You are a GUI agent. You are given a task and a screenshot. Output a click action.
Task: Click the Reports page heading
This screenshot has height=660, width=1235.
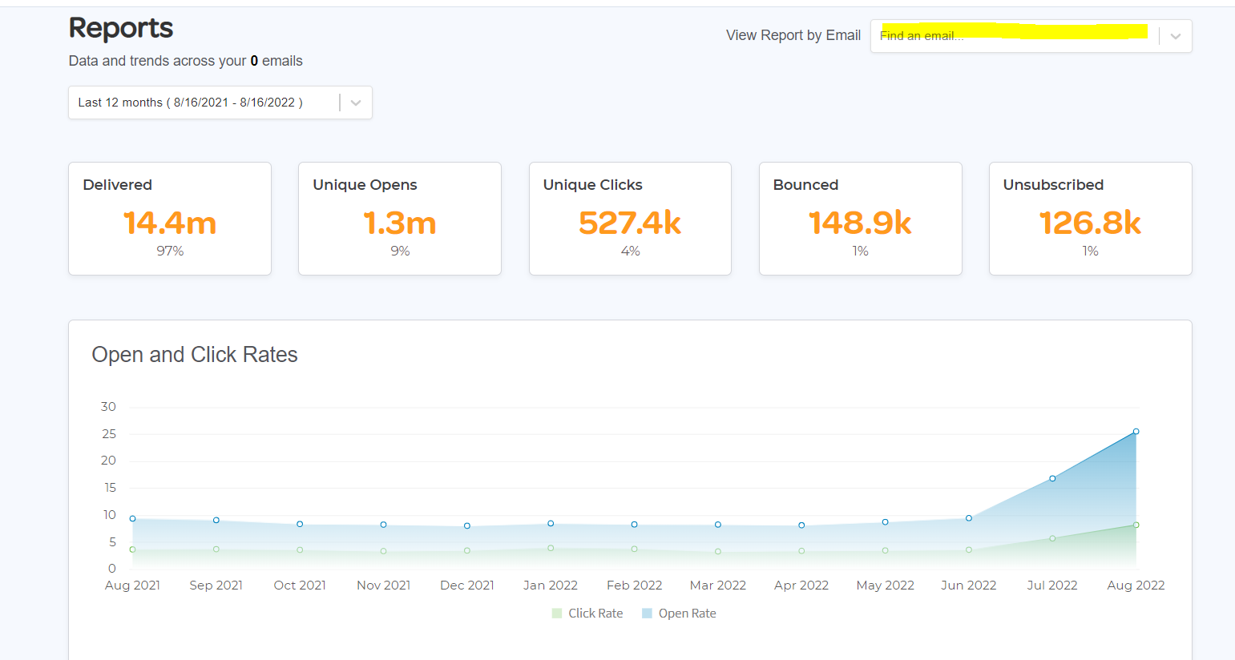point(121,28)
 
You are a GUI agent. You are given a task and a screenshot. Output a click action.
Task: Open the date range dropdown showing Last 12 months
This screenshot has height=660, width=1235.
point(220,103)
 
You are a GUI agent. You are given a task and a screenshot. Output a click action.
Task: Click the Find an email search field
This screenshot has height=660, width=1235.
point(1014,36)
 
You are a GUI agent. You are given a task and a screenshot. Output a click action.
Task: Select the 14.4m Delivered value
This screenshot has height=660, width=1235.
point(170,223)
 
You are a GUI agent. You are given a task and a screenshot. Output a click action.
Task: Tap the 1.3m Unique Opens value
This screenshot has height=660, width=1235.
point(400,223)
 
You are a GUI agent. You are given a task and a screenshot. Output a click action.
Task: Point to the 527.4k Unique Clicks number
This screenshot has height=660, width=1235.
point(630,223)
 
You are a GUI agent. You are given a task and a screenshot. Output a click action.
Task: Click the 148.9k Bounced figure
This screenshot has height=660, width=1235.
point(860,223)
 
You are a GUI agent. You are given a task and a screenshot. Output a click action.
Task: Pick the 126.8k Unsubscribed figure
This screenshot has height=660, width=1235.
point(1090,223)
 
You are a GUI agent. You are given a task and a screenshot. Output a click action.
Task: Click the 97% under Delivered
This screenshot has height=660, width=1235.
point(170,252)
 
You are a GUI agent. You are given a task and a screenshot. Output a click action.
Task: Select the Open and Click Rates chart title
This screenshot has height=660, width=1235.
point(195,355)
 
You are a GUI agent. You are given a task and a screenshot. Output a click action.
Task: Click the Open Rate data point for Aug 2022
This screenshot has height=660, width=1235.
point(1136,432)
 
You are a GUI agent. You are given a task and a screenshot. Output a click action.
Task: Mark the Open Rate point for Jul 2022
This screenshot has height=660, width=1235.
point(1052,479)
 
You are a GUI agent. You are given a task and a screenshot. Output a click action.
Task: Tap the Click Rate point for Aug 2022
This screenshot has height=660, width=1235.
point(1136,525)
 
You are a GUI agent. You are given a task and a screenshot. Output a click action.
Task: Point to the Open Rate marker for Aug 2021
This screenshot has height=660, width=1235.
point(133,519)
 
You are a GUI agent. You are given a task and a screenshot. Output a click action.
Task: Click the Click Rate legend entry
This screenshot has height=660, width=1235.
point(587,614)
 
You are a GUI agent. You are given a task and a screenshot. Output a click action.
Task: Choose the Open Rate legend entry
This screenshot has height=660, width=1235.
point(679,614)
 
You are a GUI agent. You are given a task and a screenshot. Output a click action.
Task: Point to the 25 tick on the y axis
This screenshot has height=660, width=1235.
point(109,434)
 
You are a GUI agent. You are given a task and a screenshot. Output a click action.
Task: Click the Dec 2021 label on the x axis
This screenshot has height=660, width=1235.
point(467,586)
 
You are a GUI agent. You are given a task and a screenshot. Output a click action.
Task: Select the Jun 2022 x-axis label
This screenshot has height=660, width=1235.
point(969,586)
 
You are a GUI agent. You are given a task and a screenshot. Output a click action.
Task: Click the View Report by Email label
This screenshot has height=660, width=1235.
point(793,35)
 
